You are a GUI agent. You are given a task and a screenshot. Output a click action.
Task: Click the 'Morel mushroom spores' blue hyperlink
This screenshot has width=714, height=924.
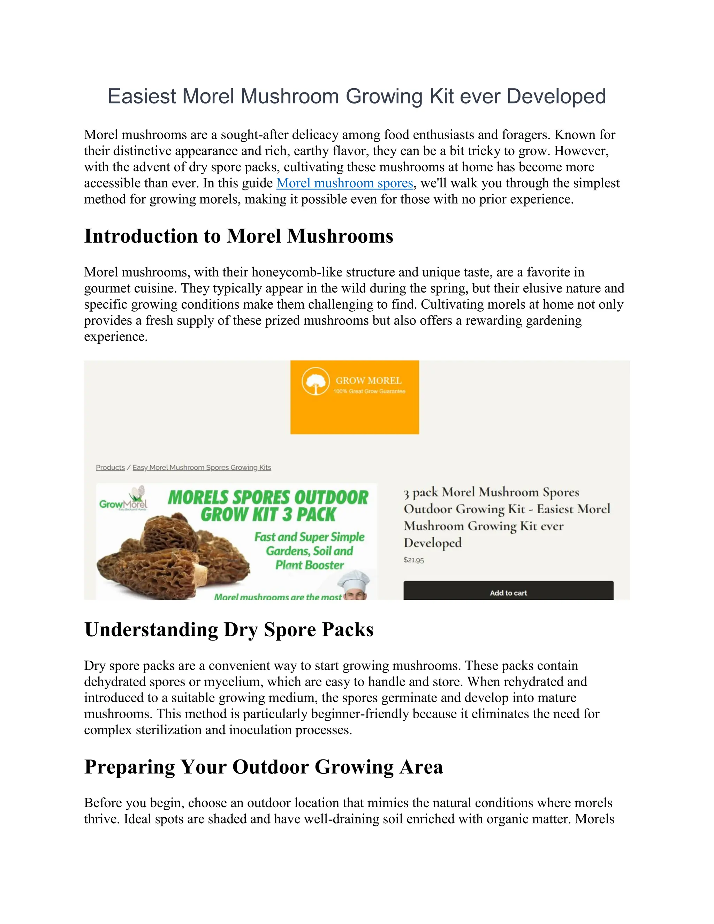(344, 183)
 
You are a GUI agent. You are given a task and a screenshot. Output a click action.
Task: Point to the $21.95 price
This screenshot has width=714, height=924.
(413, 560)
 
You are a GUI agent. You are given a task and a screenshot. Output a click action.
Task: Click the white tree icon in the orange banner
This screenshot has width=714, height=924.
(315, 381)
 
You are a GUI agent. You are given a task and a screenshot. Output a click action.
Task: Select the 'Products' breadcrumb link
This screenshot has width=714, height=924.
(110, 468)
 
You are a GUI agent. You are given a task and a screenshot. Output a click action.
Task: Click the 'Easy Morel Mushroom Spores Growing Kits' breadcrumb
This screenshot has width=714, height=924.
(202, 468)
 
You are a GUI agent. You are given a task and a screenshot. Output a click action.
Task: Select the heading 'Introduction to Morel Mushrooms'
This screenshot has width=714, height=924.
(238, 236)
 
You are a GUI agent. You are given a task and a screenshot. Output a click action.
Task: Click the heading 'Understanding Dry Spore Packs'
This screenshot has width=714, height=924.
(229, 629)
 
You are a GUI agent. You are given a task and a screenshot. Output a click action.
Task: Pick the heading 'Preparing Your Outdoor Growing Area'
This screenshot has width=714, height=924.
(263, 767)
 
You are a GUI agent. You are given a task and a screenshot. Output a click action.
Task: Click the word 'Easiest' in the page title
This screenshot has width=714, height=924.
(141, 97)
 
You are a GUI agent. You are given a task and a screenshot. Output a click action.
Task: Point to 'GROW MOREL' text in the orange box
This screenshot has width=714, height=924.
(369, 380)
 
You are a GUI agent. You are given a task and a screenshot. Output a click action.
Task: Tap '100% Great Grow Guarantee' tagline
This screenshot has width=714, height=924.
(369, 391)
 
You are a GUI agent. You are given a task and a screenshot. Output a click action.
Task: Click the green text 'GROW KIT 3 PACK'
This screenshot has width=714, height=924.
(268, 514)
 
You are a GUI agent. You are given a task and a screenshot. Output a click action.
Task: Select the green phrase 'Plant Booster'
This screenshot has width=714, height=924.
(310, 565)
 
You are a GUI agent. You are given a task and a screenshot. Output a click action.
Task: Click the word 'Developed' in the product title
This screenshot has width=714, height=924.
(432, 543)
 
